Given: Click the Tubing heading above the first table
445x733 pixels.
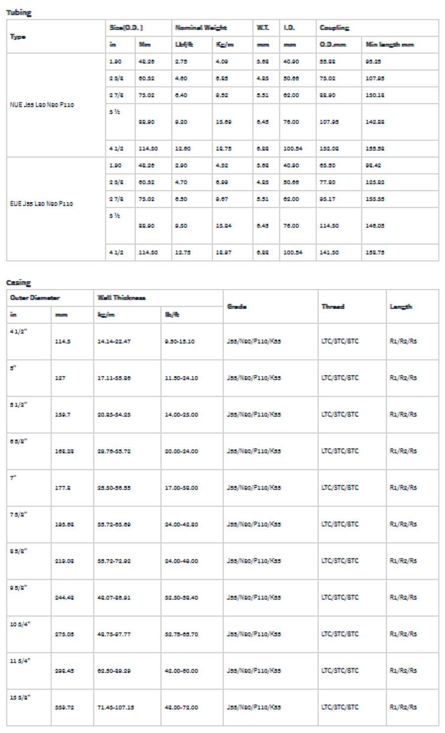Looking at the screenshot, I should tap(18, 13).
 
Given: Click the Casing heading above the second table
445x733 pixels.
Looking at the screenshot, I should tap(18, 282).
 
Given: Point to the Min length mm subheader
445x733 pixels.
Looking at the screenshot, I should tap(390, 45).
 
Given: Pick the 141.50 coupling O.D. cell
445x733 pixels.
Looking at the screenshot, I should tap(329, 252).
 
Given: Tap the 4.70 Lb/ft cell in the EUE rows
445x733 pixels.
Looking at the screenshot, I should tap(181, 182).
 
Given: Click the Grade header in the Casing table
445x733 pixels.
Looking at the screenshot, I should tap(234, 307).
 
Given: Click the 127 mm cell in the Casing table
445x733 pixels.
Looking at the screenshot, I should tap(60, 378).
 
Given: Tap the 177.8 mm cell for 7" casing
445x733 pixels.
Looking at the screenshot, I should tap(61, 488).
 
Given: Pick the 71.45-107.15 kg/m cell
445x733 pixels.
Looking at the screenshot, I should tap(115, 707).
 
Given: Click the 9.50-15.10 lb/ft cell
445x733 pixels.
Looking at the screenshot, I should tap(181, 341).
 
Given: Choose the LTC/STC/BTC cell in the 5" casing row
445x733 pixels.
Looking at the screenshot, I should tap(340, 378).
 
